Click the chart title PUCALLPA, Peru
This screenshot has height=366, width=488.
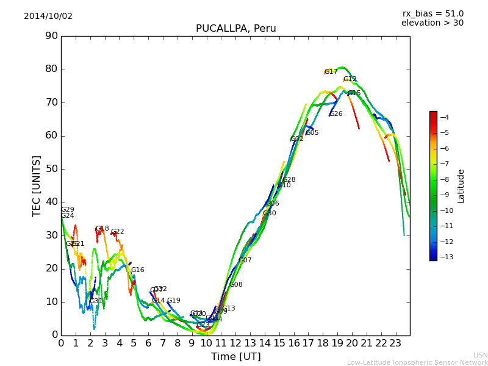[235, 29]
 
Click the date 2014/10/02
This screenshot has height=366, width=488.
[48, 16]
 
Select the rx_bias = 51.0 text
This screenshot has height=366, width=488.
[432, 14]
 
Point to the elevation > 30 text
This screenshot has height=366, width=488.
[432, 23]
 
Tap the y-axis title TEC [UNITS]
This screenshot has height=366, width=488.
[37, 185]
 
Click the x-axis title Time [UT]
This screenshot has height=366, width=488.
[235, 357]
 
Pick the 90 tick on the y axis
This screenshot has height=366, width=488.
[51, 36]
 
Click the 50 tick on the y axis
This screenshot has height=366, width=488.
[51, 169]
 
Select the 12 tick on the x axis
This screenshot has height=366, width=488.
[235, 342]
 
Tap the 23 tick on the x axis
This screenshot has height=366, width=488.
[395, 342]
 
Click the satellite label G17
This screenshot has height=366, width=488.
[331, 72]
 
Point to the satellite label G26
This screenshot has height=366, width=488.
[336, 114]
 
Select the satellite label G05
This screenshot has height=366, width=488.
[312, 133]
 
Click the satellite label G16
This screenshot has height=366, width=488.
[138, 270]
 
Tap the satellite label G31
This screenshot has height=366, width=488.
[96, 301]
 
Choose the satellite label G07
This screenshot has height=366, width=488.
[245, 260]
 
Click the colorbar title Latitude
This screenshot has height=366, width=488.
[461, 186]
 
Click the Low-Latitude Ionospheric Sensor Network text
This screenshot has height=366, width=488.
[417, 362]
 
